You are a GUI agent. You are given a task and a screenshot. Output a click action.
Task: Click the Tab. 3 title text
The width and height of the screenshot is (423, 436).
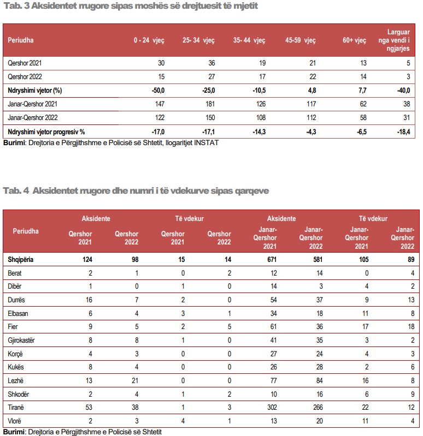(131, 6)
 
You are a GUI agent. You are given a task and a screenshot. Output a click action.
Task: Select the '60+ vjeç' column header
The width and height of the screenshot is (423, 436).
(354, 40)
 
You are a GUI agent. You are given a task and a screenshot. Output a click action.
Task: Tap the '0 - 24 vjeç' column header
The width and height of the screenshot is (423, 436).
(149, 40)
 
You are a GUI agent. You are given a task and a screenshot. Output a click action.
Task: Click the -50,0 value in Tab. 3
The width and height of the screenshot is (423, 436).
(157, 90)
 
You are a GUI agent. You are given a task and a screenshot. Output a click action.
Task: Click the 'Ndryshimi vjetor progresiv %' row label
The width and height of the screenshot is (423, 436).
(46, 132)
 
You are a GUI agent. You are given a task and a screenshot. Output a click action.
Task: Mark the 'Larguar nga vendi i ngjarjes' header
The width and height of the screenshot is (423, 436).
(395, 40)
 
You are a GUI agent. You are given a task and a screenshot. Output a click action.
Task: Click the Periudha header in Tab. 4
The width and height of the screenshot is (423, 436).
(26, 231)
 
